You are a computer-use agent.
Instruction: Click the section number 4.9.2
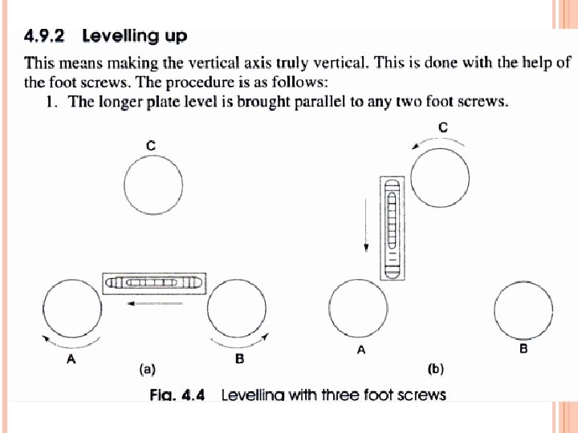tap(48, 36)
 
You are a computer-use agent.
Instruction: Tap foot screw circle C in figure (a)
tap(153, 187)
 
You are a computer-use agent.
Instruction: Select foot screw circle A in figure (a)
tap(71, 309)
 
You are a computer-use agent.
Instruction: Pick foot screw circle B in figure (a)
tap(239, 309)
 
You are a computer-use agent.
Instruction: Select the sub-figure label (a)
tap(147, 370)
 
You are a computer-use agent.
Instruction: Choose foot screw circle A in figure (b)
tap(359, 309)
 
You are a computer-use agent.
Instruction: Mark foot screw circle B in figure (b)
tap(523, 309)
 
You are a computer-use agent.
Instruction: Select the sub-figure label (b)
tap(435, 370)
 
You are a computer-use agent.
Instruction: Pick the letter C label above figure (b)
tap(443, 126)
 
